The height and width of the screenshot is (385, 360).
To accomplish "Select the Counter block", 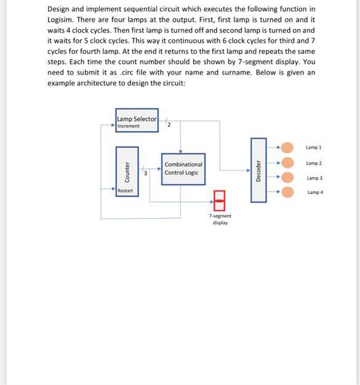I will coord(127,169).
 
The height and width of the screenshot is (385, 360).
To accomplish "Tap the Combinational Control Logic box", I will coord(183,168).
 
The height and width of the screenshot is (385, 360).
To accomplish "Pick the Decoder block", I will coord(259,169).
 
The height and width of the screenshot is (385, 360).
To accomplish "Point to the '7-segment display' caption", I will coord(220,219).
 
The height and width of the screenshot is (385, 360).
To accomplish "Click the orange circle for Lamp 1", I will coord(287,148).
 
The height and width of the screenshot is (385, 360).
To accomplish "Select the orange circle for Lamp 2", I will coord(287,163).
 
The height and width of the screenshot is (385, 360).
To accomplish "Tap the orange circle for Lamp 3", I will coord(287,178).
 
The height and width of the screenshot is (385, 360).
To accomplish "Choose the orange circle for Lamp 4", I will coord(287,192).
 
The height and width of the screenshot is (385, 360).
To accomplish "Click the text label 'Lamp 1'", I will coord(314,148).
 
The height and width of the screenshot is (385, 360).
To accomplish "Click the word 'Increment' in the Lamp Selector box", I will coord(129,126).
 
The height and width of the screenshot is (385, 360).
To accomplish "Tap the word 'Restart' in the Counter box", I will coord(126,191).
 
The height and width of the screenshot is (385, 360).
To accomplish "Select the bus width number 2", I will coord(169,125).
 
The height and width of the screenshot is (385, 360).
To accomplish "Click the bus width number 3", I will coord(145,174).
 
